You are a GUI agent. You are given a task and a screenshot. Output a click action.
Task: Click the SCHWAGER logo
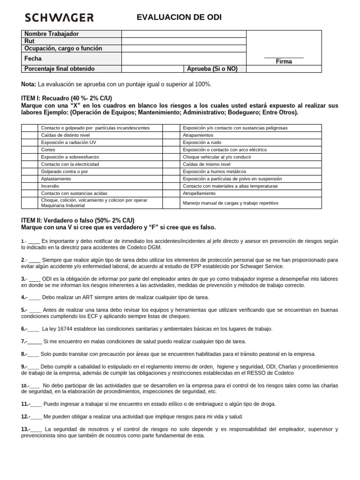[59, 18]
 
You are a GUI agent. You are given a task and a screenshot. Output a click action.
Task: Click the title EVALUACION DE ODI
[179, 17]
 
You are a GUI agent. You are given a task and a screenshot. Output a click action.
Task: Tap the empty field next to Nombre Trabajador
[184, 34]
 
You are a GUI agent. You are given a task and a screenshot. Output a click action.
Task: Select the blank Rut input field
[184, 41]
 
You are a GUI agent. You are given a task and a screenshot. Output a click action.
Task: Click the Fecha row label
[33, 59]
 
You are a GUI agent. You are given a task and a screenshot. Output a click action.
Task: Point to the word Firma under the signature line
[284, 61]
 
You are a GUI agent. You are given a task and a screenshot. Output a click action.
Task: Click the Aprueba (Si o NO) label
[212, 69]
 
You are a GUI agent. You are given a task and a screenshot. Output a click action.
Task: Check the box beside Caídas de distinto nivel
[30, 135]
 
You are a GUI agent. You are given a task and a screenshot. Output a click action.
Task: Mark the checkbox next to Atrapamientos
[172, 135]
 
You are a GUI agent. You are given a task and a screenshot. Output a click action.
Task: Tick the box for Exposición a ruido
[172, 142]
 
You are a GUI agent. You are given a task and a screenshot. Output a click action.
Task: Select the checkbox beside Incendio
[30, 186]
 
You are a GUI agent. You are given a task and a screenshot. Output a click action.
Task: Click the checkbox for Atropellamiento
[172, 193]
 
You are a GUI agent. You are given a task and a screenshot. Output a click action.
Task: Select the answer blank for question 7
[36, 341]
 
